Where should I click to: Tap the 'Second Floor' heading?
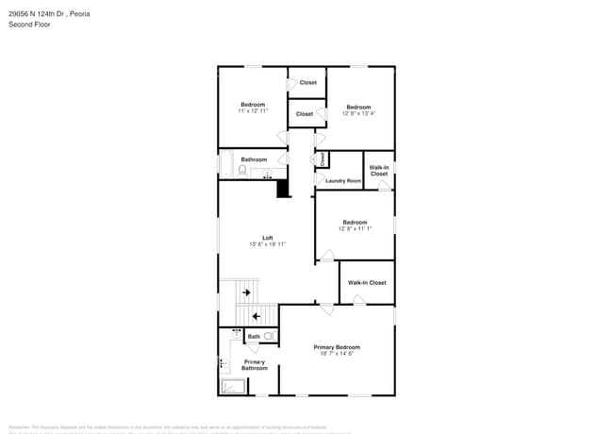[x=29, y=25]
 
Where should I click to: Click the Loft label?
[x=267, y=238]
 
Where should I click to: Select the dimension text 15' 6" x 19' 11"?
[x=267, y=244]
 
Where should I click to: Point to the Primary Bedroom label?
[x=337, y=347]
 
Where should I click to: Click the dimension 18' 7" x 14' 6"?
[x=337, y=354]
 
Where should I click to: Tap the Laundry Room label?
[x=343, y=180]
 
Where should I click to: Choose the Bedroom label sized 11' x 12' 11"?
[x=253, y=105]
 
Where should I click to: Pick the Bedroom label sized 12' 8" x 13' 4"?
[x=358, y=108]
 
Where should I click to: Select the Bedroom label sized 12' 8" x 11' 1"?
[x=355, y=223]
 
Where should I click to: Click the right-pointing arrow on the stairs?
[x=246, y=292]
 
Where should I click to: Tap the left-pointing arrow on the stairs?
[x=256, y=316]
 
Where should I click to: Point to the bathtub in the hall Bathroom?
[x=226, y=164]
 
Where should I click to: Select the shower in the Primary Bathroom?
[x=232, y=386]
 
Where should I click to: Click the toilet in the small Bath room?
[x=269, y=336]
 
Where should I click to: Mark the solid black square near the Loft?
[x=282, y=189]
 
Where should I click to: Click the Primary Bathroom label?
[x=255, y=364]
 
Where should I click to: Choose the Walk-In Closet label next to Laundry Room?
[x=378, y=171]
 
